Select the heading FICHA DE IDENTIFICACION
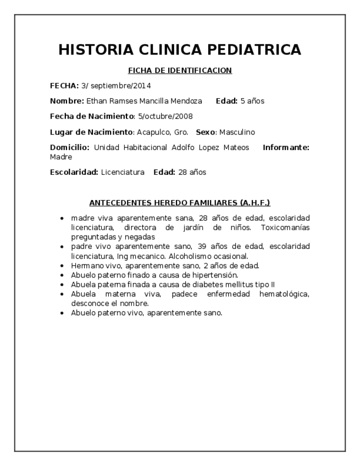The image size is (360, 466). coord(180,70)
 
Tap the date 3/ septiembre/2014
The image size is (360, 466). coord(116,86)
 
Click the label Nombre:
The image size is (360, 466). coord(67,101)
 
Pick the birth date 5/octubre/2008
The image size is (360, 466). coord(165,116)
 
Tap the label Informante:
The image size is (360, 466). coord(286,148)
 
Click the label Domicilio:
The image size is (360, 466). coord(70,148)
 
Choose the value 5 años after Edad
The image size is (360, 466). coord(252,101)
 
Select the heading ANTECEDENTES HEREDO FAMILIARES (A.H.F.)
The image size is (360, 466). coord(180,202)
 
